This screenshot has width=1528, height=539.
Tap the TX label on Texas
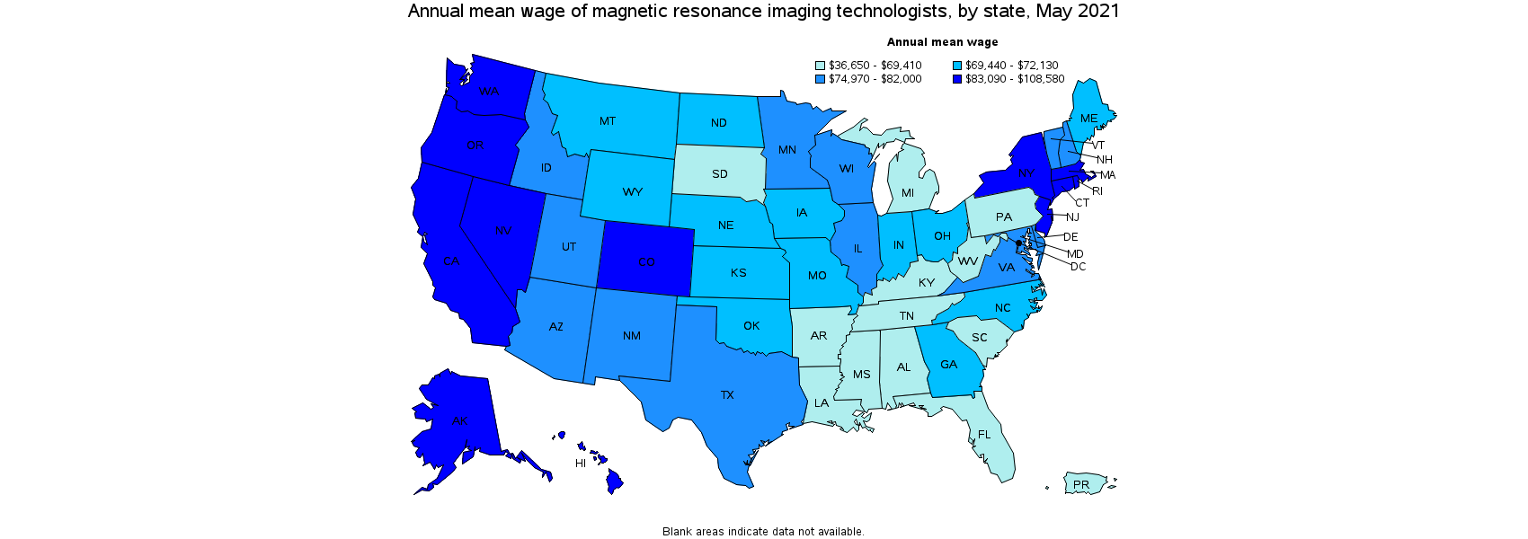pyautogui.click(x=727, y=395)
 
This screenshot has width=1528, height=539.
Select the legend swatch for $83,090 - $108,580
pyautogui.click(x=957, y=79)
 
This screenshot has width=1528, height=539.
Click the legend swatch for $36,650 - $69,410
pyautogui.click(x=821, y=66)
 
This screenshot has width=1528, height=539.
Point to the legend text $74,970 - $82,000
pyautogui.click(x=875, y=79)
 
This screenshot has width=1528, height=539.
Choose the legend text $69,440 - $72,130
pyautogui.click(x=1011, y=66)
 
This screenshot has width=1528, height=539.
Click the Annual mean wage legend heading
pyautogui.click(x=942, y=42)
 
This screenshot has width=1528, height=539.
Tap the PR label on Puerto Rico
pyautogui.click(x=1081, y=485)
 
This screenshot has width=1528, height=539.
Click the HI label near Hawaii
pyautogui.click(x=581, y=464)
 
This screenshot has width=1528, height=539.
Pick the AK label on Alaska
pyautogui.click(x=459, y=420)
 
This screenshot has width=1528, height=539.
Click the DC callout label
pyautogui.click(x=1078, y=267)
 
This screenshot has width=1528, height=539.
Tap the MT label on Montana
pyautogui.click(x=608, y=121)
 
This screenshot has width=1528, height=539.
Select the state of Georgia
pyautogui.click(x=949, y=365)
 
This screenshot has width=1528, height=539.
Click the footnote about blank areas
pyautogui.click(x=763, y=532)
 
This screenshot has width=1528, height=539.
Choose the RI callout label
pyautogui.click(x=1097, y=191)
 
